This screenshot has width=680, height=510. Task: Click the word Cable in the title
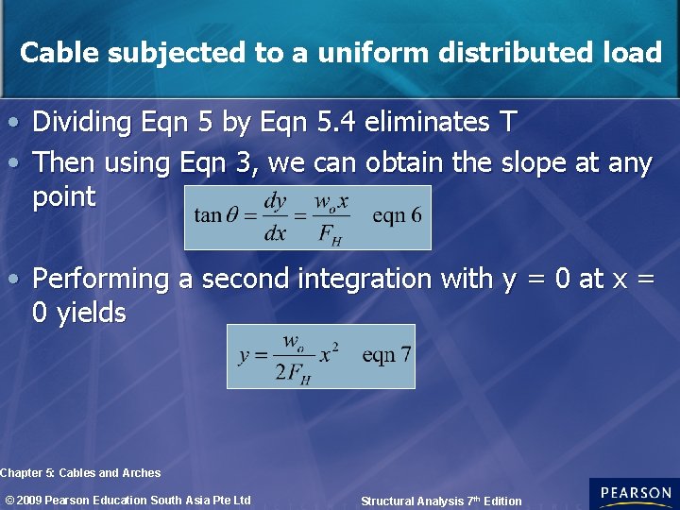point(59,53)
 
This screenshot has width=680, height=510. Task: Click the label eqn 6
point(397,215)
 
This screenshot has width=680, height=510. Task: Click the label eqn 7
point(386,355)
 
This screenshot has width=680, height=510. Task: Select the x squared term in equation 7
point(329,354)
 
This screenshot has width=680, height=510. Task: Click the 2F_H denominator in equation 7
point(294,370)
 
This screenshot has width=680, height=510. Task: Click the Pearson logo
point(634,494)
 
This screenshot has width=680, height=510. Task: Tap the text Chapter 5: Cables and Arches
point(80,472)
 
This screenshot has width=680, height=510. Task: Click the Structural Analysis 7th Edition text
point(441,501)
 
